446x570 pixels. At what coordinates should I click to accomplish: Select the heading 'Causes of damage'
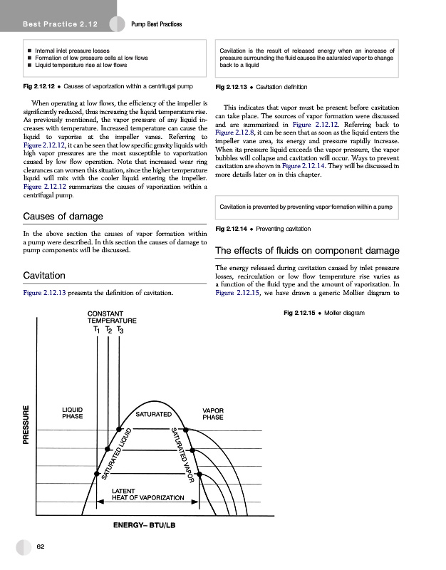pyautogui.click(x=63, y=216)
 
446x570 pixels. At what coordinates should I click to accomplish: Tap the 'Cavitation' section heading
pyautogui.click(x=45, y=275)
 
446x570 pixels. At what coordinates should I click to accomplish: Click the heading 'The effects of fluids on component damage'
pyautogui.click(x=306, y=251)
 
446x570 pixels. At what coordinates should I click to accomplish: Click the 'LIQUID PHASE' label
pyautogui.click(x=72, y=413)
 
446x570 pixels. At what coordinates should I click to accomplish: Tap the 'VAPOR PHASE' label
pyautogui.click(x=213, y=413)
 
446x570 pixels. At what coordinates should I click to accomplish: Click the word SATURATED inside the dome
pyautogui.click(x=151, y=414)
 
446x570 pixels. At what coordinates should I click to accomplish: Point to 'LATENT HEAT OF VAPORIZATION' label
pyautogui.click(x=150, y=493)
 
